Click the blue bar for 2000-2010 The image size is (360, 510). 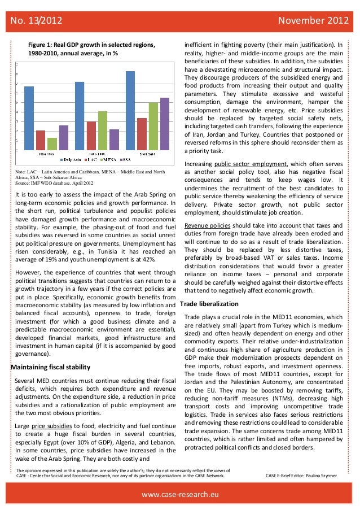pos(130,111)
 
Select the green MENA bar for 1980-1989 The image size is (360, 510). pos(52,144)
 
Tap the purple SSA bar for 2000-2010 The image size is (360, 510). pos(165,124)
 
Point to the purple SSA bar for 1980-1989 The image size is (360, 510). pos(64,138)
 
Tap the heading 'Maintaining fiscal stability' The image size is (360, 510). pos(51,368)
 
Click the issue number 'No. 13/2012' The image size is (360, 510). pos(33,21)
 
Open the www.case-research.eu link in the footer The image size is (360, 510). pos(180,495)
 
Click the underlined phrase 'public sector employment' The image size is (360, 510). pos(252,164)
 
